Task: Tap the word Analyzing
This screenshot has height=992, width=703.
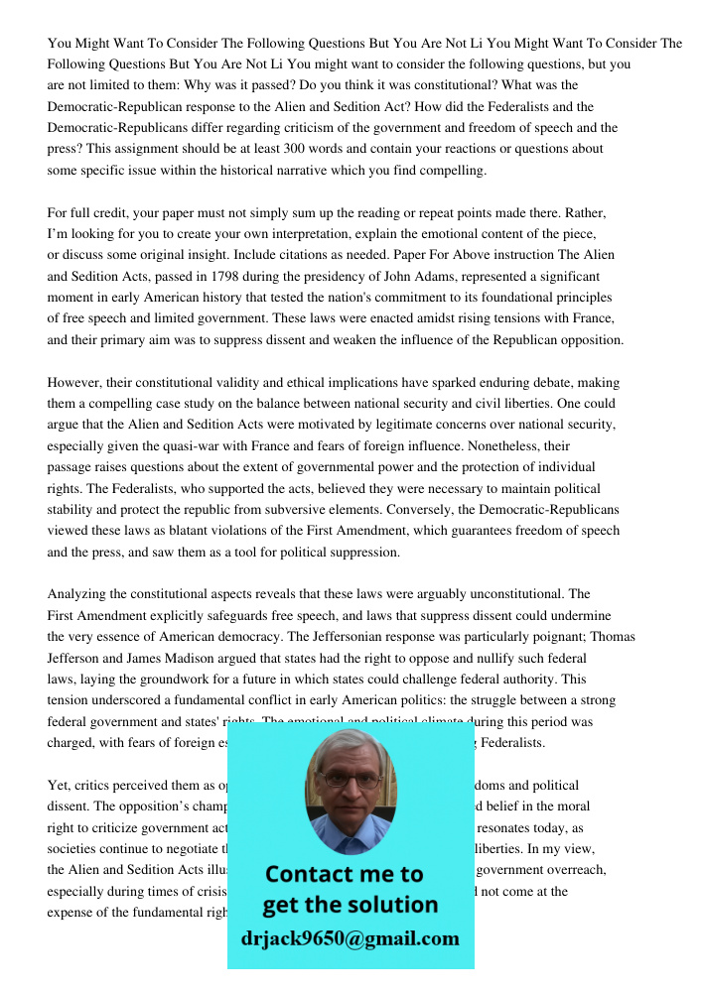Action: pyautogui.click(x=80, y=594)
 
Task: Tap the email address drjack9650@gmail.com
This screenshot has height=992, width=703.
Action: pyautogui.click(x=351, y=938)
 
